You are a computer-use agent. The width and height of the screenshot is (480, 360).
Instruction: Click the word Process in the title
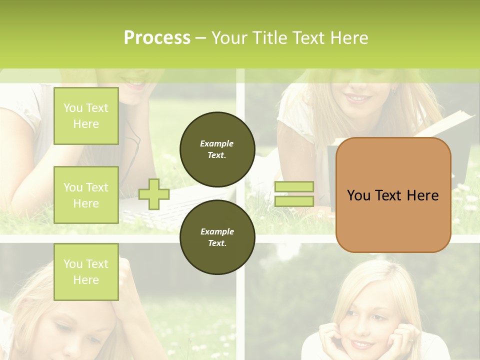coord(157,38)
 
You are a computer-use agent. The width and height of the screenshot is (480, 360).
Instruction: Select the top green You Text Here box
coord(86,116)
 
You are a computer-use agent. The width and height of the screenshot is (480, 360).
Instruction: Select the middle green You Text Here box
coord(86,195)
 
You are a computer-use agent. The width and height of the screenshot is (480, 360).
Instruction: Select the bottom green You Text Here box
coord(86,272)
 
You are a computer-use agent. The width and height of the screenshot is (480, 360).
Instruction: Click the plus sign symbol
coord(153,194)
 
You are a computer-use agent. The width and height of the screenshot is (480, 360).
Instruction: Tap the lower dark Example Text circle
coord(217,237)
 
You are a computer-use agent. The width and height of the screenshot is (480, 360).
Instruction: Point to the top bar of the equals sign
coord(294,186)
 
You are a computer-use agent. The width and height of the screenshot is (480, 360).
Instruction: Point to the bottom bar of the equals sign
coord(294,201)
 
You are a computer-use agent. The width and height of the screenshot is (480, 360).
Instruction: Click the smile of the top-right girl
coord(358,97)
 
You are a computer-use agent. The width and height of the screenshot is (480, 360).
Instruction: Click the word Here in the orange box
coord(422,195)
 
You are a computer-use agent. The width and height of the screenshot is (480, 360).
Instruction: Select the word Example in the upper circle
coord(217,143)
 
